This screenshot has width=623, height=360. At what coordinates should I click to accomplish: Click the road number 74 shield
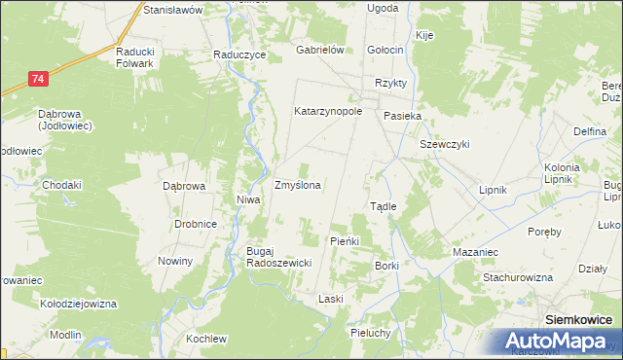pos(37,78)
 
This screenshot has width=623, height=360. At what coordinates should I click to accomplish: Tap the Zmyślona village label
pos(298,184)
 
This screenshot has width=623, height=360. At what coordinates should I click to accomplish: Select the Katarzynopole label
pos(328,111)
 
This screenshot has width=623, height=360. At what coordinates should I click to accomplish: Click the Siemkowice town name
pos(578,318)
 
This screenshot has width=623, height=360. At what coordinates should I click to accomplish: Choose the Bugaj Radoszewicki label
pos(277,257)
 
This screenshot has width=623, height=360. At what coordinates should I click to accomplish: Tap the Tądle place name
pos(383,206)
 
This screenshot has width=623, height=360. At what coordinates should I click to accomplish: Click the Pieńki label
pos(346,240)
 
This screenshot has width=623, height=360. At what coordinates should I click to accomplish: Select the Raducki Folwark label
pos(135,57)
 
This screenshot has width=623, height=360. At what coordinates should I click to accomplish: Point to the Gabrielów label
pos(321,51)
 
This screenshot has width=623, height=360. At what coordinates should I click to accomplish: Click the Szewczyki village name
pos(445,144)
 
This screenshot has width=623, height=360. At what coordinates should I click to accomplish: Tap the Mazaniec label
pos(476,252)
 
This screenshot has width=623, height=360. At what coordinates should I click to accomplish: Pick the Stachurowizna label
pos(518,277)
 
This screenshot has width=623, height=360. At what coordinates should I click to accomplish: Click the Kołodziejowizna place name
pos(78,304)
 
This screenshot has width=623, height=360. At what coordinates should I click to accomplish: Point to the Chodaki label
pos(61,185)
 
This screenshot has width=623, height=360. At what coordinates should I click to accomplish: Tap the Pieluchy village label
pos(370,333)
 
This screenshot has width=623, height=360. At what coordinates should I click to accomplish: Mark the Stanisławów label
pos(171,9)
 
